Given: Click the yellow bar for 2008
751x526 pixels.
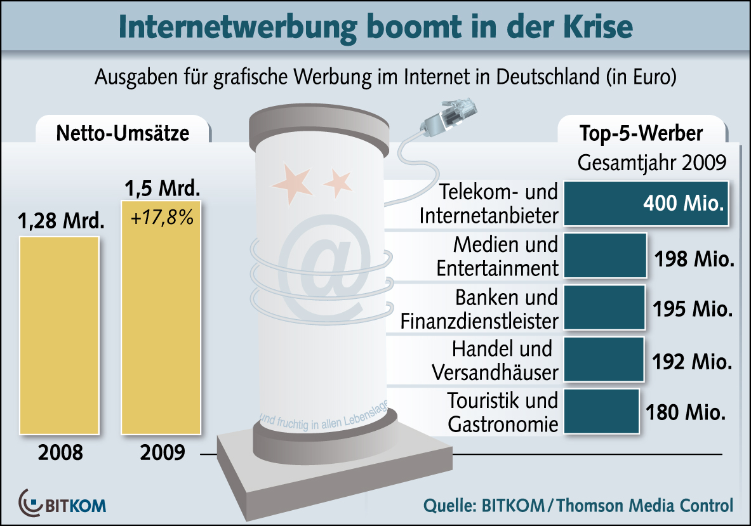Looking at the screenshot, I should [59, 335].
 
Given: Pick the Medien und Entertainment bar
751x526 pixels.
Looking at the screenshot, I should [604, 256].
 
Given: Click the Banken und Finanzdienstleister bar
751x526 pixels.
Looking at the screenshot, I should [604, 308].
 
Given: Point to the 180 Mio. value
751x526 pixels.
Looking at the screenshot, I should [685, 413].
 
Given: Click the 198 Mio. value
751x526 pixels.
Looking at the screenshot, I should [693, 259].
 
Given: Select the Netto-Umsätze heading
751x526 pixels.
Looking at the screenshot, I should [123, 133].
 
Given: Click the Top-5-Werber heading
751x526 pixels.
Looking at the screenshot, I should [641, 133].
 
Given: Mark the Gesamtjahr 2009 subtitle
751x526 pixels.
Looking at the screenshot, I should [651, 162].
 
